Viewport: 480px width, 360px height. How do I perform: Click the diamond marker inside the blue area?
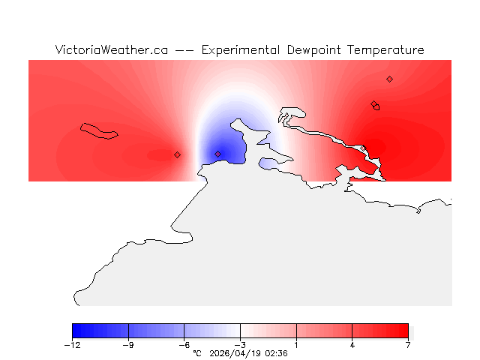pos(218,154)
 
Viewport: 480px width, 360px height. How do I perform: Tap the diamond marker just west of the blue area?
pos(178,154)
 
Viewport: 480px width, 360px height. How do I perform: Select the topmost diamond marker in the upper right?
pos(389,79)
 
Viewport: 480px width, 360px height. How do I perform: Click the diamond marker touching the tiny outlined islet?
pos(373,104)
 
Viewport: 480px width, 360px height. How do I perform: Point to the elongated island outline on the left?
pos(99,131)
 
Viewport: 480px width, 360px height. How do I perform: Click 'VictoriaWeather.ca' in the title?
pos(111,50)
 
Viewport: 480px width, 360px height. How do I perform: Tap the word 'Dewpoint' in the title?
pos(314,50)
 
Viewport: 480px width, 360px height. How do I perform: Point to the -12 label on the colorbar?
pos(72,345)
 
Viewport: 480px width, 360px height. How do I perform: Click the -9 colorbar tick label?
pos(128,345)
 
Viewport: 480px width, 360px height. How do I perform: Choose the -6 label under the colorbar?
pos(184,345)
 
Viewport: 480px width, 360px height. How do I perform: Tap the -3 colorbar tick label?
pos(240,345)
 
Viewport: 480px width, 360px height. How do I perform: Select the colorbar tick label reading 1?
pos(296,345)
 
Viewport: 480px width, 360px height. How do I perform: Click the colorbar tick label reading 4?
pos(352,345)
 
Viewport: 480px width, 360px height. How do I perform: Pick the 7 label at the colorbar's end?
pos(408,345)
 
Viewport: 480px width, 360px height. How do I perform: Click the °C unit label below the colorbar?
pos(197,353)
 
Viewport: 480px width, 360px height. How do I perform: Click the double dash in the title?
pos(184,50)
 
